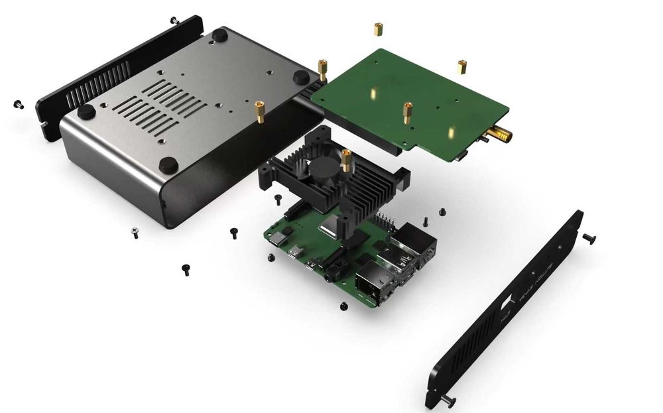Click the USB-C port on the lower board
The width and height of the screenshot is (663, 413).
tap(292, 253)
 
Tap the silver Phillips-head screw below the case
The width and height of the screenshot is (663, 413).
tap(135, 232)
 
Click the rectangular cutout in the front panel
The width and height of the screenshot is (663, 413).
tap(507, 304)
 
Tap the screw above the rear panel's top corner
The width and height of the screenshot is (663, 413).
tap(174, 20)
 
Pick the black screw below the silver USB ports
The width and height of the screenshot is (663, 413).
tap(343, 306)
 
